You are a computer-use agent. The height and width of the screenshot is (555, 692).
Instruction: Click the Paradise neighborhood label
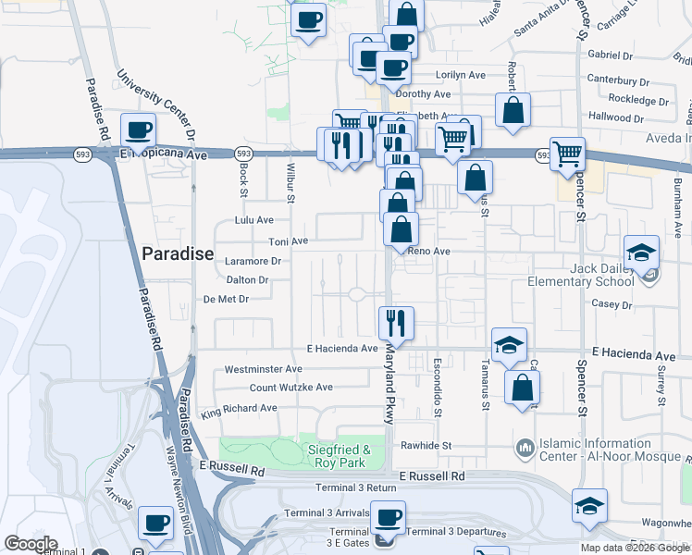click(178, 253)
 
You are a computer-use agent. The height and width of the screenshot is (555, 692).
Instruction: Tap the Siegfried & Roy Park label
click(339, 455)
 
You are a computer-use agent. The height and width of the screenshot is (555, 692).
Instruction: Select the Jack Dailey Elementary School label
click(581, 275)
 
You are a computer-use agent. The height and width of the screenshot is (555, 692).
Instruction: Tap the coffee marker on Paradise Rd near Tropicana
click(139, 130)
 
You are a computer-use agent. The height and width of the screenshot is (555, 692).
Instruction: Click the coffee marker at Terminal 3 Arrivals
click(389, 518)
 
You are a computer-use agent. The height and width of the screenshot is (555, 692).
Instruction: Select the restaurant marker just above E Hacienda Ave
click(396, 323)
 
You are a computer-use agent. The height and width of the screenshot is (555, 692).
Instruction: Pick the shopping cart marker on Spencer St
click(567, 154)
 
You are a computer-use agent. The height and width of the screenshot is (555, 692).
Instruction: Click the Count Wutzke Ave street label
click(290, 388)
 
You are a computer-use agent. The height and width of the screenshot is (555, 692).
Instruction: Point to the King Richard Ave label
click(240, 408)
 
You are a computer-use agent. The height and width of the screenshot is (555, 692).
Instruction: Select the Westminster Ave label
click(264, 369)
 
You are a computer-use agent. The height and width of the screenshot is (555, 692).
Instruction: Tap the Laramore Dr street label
click(253, 262)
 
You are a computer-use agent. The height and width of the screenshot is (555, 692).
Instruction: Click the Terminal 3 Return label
click(355, 487)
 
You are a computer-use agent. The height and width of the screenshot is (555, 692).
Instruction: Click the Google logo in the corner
click(30, 544)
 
